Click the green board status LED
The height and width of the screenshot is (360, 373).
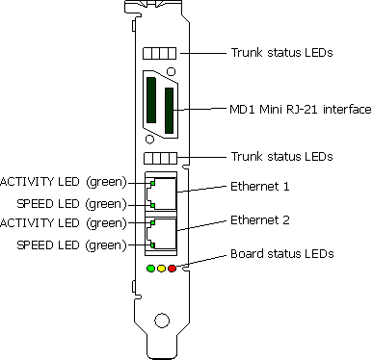coord(150,268)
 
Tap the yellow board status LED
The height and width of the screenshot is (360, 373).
coord(161,268)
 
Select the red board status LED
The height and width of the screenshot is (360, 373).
coord(172,268)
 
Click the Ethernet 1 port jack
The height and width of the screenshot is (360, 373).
coord(161,193)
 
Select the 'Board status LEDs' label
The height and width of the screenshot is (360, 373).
coord(282,255)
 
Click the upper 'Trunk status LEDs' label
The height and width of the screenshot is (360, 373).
coord(282,52)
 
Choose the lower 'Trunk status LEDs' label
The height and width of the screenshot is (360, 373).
coord(282,155)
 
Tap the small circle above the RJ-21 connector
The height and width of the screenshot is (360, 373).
coord(171,72)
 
